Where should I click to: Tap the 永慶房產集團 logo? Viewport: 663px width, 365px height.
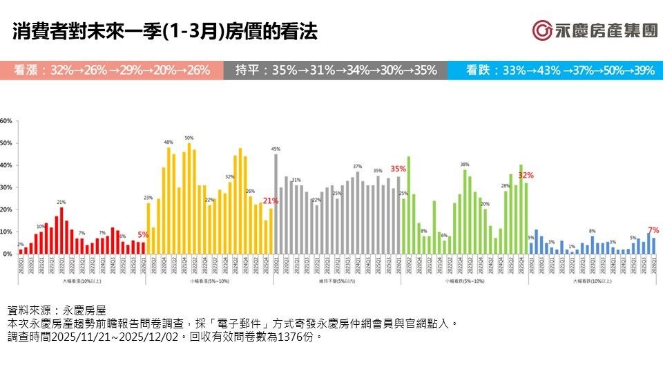[x=595, y=30]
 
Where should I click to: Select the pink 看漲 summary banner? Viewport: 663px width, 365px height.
[x=111, y=71]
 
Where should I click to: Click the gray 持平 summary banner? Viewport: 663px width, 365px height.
[x=335, y=71]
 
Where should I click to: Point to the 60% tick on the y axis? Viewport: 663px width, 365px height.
[x=6, y=121]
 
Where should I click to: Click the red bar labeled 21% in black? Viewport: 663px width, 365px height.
[x=61, y=231]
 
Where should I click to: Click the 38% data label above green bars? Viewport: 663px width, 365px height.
[x=465, y=165]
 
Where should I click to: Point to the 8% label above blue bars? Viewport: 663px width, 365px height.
[x=592, y=231]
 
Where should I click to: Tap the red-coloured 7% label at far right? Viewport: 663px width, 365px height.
[x=653, y=230]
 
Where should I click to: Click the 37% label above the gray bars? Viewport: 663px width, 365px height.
[x=357, y=167]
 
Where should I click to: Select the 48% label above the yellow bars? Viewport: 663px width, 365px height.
[x=169, y=142]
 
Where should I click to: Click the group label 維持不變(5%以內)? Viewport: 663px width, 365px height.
[x=336, y=282]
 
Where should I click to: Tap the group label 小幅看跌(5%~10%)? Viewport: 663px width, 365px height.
[x=464, y=282]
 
